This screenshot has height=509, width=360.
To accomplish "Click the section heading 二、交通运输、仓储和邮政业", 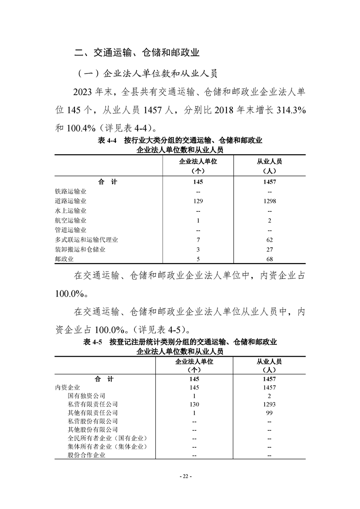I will (137, 53).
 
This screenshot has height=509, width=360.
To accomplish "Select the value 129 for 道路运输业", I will (197, 201).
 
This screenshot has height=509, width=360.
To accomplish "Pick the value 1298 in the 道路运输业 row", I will (269, 201).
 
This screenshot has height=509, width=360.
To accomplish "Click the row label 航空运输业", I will (70, 220).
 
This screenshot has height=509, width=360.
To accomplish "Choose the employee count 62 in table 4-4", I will (269, 240).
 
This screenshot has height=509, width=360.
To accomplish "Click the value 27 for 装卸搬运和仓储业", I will (269, 250).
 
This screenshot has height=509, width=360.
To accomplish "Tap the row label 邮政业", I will (64, 259).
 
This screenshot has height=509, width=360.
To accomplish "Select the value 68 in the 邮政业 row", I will (269, 259).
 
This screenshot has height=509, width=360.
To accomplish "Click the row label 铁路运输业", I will (70, 191).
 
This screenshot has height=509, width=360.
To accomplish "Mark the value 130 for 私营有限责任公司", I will (194, 404).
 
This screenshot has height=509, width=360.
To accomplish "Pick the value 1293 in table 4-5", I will (269, 404).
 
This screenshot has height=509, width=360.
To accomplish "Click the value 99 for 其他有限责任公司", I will (269, 413).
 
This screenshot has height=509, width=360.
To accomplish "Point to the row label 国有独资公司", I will (86, 396).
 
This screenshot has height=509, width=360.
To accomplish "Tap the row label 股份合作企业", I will (86, 455).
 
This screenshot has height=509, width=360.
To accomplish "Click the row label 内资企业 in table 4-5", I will (67, 387).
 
